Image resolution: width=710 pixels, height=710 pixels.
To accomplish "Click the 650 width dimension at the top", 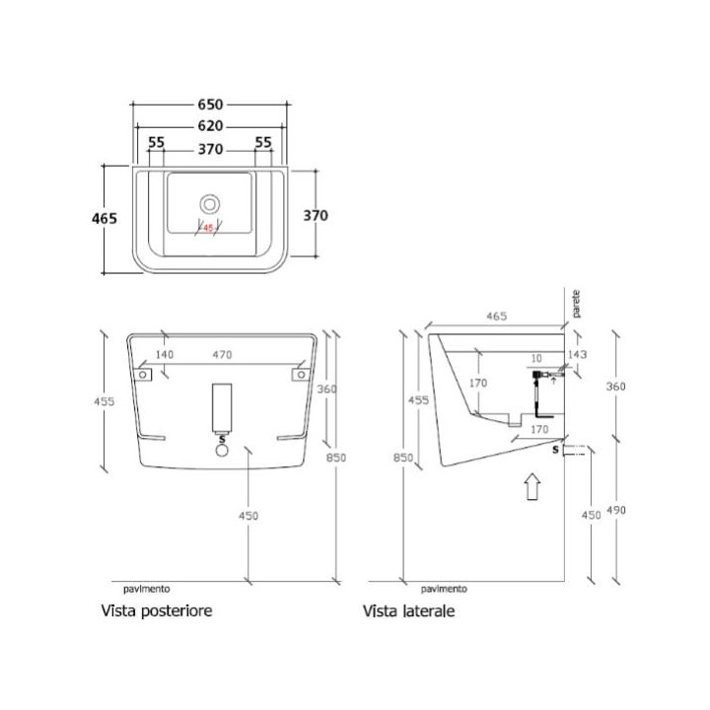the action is click(x=211, y=105).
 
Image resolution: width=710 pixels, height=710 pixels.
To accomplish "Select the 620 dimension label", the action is click(x=211, y=125).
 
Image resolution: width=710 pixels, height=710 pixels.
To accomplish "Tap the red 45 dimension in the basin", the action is click(x=208, y=228).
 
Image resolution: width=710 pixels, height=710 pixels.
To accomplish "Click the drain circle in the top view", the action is click(x=210, y=205).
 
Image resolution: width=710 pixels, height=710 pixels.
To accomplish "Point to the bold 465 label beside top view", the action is click(x=105, y=218).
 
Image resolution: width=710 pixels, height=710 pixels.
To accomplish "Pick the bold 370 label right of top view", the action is click(x=316, y=216).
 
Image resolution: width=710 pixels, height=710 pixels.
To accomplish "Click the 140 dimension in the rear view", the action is click(x=165, y=355).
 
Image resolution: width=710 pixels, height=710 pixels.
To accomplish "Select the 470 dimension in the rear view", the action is click(x=222, y=355).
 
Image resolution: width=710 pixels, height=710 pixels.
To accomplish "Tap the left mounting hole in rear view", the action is click(x=143, y=375).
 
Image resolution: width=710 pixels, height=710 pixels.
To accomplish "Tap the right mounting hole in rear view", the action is click(x=301, y=375).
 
